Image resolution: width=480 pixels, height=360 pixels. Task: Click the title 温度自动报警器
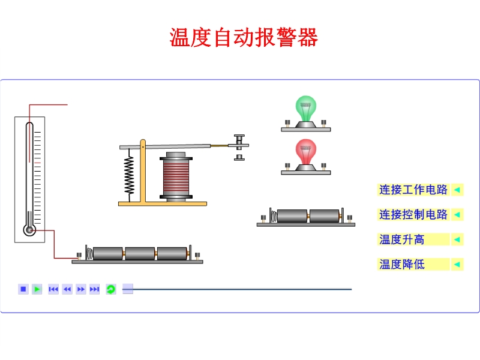[244, 38]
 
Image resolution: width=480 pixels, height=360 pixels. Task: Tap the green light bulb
[306, 108]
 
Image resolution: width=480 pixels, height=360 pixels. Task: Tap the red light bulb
[306, 152]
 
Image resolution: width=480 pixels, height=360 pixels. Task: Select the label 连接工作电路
[413, 190]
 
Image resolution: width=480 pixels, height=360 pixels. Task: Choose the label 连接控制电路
[413, 214]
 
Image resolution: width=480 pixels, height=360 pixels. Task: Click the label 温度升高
[402, 239]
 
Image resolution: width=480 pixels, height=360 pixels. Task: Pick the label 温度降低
[402, 264]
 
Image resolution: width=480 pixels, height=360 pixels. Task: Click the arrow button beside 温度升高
[457, 239]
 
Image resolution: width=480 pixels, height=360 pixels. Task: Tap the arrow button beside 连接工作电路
[457, 190]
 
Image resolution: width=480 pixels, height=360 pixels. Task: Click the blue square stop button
[23, 289]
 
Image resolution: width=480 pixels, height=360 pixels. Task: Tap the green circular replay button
[110, 289]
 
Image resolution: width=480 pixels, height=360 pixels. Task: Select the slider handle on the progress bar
[128, 289]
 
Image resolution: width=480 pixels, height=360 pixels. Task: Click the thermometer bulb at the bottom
[29, 230]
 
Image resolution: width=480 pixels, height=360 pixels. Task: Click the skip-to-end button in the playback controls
[94, 289]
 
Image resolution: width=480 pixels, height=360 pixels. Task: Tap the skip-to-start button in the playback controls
[53, 289]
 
